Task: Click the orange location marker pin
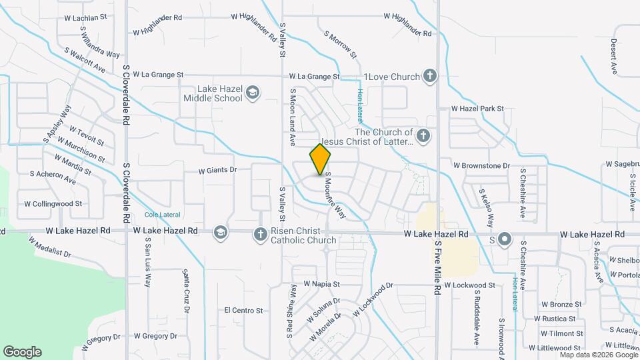[x=321, y=159]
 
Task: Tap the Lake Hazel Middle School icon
[x=252, y=92]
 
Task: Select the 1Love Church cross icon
[x=430, y=76]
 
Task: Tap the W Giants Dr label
[x=217, y=170]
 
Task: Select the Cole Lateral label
[x=162, y=215]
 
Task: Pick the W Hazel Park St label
[x=477, y=108]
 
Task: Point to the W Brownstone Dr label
[x=481, y=165]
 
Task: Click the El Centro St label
[x=243, y=310]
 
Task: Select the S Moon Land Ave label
[x=292, y=119]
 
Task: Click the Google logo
[x=22, y=351]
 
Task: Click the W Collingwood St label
[x=53, y=204]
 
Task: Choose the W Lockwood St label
[x=469, y=285]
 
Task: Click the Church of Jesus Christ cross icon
[x=423, y=137]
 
